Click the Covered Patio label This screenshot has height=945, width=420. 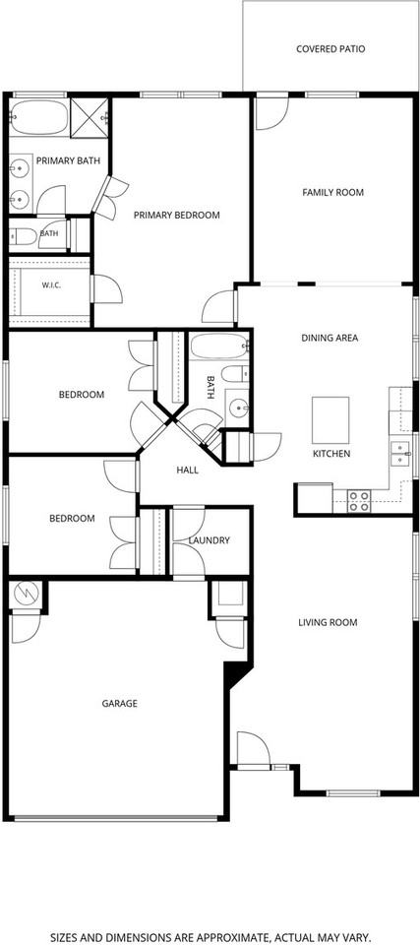(330, 49)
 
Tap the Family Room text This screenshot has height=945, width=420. (332, 192)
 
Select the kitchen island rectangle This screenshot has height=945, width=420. (330, 420)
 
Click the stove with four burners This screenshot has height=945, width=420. (360, 501)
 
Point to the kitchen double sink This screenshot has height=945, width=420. (400, 453)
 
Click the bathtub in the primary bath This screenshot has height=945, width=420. (39, 117)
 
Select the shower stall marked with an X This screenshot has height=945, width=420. (90, 117)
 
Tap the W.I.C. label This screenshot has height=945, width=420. (51, 285)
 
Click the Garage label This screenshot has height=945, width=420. (119, 703)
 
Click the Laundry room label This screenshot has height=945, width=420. (210, 540)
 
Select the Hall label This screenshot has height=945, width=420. (188, 471)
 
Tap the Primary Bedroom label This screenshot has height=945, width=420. (176, 215)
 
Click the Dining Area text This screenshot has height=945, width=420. (330, 338)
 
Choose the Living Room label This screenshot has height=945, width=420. (328, 622)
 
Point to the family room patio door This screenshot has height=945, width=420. (271, 113)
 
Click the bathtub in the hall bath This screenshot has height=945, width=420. (219, 346)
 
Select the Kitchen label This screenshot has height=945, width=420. (331, 453)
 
